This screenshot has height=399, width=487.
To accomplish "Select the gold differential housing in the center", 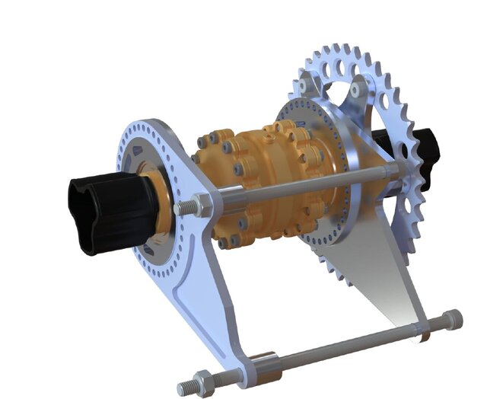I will [259, 183].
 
